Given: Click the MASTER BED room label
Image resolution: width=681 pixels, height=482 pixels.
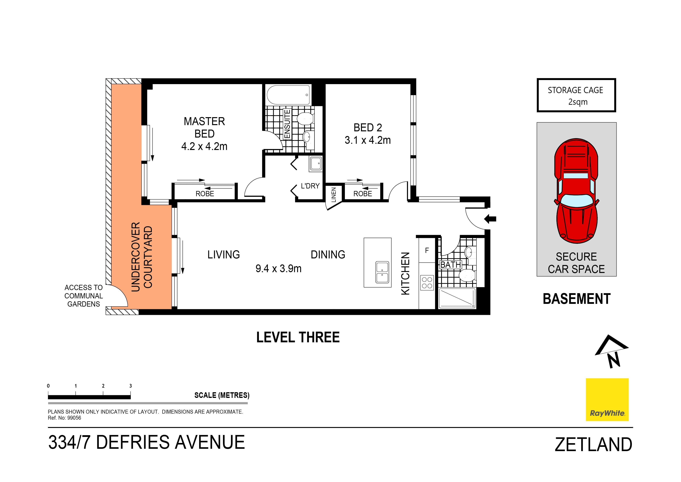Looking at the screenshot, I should pyautogui.click(x=204, y=127).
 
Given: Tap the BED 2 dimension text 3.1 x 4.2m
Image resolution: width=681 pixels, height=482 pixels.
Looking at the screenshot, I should pyautogui.click(x=368, y=140).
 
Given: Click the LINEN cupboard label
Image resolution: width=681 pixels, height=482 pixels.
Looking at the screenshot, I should pyautogui.click(x=334, y=195).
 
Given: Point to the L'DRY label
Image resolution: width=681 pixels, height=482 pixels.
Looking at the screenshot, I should pyautogui.click(x=310, y=186).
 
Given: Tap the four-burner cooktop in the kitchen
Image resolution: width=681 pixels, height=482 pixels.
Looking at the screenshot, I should pyautogui.click(x=427, y=282).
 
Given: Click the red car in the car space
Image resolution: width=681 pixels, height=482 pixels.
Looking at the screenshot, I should pyautogui.click(x=576, y=191).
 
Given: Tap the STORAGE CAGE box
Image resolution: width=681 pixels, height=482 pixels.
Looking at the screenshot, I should pyautogui.click(x=576, y=95).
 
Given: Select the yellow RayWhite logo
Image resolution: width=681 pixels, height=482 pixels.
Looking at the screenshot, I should pyautogui.click(x=607, y=399).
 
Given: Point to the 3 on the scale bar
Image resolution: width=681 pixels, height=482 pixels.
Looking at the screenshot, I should pyautogui.click(x=130, y=386).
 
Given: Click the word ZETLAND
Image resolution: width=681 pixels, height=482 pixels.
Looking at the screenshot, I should pyautogui.click(x=593, y=445).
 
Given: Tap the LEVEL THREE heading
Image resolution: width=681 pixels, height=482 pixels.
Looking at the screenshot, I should pyautogui.click(x=298, y=337).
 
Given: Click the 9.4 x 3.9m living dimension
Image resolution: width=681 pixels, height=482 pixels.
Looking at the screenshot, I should pyautogui.click(x=278, y=269).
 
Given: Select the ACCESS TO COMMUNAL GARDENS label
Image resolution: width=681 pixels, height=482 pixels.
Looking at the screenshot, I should pyautogui.click(x=84, y=296).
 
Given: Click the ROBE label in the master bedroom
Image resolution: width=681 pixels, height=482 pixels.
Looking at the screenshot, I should pyautogui.click(x=205, y=194).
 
